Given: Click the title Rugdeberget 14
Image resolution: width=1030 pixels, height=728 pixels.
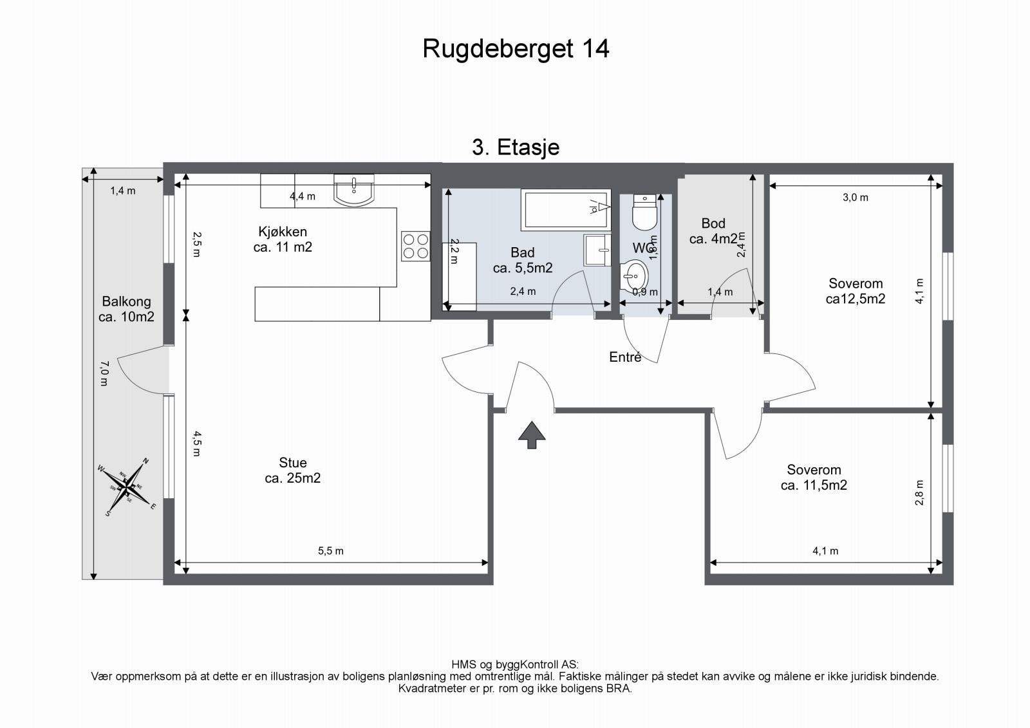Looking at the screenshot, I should click(516, 49).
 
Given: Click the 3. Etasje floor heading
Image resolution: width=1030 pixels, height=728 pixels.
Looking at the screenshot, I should click(516, 147).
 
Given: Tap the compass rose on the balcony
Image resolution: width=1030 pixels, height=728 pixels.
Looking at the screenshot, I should click(129, 487).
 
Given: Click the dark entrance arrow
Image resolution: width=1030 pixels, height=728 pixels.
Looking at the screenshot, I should click(532, 434).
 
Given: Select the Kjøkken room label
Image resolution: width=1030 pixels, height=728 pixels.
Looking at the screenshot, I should click(283, 239).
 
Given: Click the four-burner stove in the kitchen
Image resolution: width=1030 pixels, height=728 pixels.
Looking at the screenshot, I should click(415, 246).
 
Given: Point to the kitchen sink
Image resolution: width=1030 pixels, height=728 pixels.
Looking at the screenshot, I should click(354, 190).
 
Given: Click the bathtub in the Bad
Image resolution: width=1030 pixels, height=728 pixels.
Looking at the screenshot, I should click(565, 209).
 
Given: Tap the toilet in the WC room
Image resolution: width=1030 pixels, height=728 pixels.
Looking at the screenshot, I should click(644, 212).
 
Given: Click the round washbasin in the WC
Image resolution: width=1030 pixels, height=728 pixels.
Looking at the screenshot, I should click(635, 277).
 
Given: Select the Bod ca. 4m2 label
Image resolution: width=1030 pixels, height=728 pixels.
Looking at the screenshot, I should click(713, 231).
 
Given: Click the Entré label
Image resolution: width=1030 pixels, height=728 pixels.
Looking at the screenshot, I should click(625, 357).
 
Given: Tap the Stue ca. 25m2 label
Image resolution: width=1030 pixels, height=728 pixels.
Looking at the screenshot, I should click(293, 471).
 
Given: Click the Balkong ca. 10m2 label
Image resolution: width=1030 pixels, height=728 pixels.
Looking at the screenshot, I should click(126, 309).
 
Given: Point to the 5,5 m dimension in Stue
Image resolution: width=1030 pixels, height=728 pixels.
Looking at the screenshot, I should click(331, 551).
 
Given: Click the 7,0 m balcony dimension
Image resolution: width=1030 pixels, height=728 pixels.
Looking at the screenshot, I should click(104, 373).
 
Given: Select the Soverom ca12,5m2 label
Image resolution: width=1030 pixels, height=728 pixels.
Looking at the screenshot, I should click(856, 291).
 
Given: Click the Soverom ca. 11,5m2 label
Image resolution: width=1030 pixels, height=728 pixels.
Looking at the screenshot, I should click(814, 478).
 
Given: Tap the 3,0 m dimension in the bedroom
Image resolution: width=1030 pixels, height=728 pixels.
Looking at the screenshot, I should click(856, 198).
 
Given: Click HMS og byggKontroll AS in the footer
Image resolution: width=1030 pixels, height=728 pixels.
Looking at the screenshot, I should click(515, 664).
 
